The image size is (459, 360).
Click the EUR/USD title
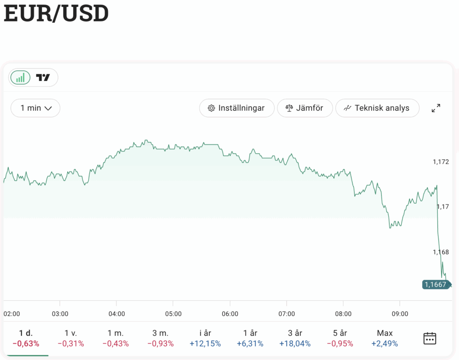pos(56,14)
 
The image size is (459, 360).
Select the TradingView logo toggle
pos(43,77)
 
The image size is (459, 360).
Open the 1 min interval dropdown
pos(35,108)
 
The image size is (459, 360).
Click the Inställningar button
pos(237,108)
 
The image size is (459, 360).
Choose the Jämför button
pos(305,108)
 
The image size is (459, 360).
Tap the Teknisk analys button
pos(377,108)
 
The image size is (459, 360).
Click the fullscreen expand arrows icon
pos(436,108)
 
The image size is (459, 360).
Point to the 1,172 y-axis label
pos(441,161)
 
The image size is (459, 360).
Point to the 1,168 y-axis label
pos(441,252)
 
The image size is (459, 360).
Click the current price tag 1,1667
pos(435,284)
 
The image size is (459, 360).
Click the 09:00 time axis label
pos(400,314)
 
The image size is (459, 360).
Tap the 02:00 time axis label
pos(12,314)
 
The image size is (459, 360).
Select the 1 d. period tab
pos(26,338)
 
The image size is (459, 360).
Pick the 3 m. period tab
pos(160,338)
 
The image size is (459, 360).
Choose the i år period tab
pos(205,338)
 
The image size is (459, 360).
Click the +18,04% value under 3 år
pos(295,344)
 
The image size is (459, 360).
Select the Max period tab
pos(385,338)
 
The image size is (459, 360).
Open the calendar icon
pos(430,338)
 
